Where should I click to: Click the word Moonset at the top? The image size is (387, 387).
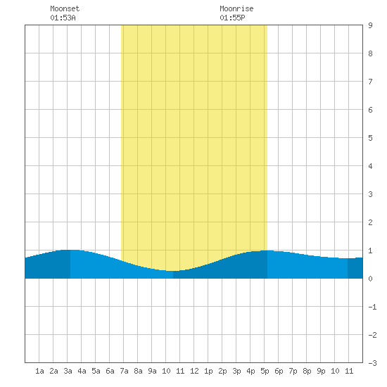point(65,8)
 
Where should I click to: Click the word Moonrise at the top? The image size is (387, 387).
point(236,8)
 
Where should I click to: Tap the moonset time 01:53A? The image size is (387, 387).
point(63,18)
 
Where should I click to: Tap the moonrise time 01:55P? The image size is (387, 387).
point(232,18)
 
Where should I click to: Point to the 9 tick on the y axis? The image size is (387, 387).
point(370,25)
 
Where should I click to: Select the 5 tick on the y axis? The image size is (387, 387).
point(370,138)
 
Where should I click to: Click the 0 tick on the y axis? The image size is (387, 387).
point(370,279)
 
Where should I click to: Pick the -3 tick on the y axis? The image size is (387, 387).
point(372,363)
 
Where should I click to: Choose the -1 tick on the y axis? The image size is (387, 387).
point(372,307)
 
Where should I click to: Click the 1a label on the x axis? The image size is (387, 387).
point(39,371)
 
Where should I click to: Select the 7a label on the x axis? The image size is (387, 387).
point(124,371)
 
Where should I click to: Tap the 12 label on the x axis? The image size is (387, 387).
point(194,371)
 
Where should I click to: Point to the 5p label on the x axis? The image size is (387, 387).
point(265,371)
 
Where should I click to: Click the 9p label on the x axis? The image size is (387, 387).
point(321,371)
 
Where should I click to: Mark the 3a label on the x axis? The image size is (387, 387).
point(68,371)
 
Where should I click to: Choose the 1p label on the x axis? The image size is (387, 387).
point(208,371)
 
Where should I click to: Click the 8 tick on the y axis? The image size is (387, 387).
point(370,53)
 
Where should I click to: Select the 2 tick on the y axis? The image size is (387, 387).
point(370,222)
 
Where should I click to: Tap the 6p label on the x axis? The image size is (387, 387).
point(279,371)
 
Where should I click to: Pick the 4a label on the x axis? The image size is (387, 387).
point(82,371)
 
